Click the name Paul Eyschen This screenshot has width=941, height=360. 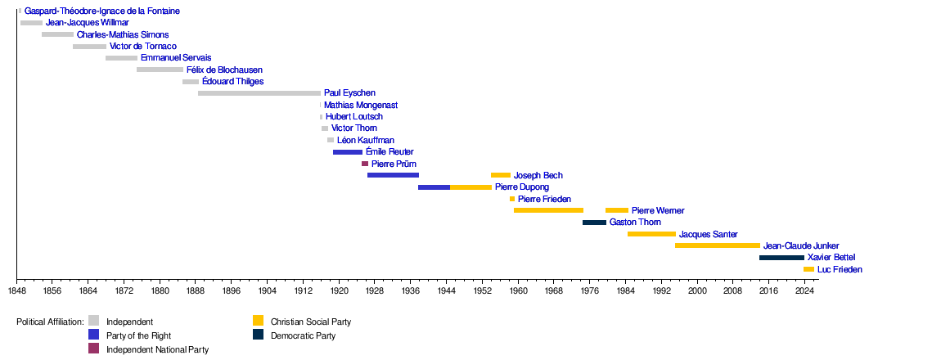349,93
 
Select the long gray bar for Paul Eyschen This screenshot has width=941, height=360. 259,93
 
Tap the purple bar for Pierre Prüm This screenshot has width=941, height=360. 365,164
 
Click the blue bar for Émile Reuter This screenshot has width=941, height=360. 348,152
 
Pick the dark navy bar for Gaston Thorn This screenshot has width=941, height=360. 594,223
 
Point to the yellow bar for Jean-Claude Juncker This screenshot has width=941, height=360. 718,245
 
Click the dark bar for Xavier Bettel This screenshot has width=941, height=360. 781,258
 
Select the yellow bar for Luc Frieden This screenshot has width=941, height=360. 808,269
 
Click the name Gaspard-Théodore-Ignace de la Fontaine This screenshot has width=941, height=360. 102,11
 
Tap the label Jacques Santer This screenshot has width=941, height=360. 708,234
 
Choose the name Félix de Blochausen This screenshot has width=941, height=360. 224,70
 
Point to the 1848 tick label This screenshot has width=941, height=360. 16,290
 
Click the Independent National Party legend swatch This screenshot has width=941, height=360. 94,349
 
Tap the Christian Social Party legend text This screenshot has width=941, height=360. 311,322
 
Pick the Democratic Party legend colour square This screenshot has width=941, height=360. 259,335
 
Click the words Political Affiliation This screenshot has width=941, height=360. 50,322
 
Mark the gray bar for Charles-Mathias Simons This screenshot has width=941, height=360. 57,35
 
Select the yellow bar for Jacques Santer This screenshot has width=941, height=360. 651,234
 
